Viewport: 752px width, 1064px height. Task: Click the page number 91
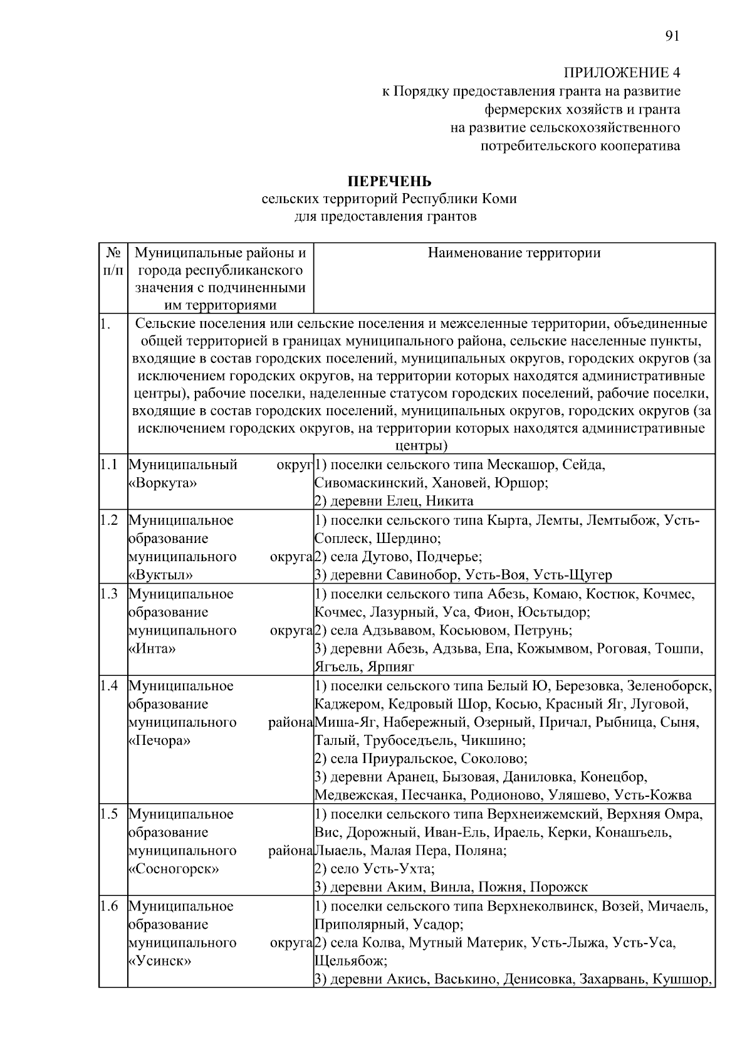click(672, 36)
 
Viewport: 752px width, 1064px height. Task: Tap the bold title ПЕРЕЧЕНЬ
click(389, 182)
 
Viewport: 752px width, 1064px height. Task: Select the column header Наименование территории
click(514, 253)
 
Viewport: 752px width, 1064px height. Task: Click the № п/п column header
click(113, 262)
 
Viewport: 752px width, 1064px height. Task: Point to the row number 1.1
click(109, 465)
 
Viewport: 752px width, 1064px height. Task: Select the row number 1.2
click(109, 520)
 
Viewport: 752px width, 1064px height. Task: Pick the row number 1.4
click(109, 686)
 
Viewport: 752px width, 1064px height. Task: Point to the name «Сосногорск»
click(174, 870)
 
